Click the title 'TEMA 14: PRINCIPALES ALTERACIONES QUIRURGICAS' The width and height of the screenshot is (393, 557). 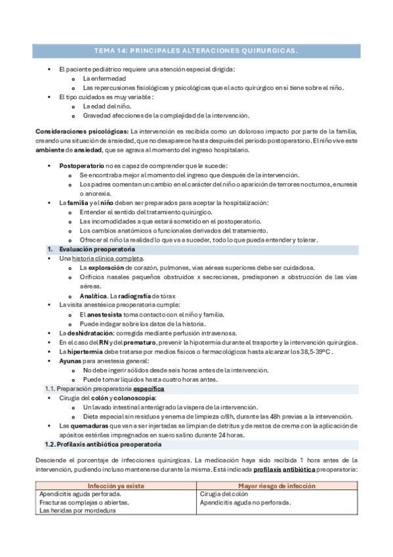point(196,50)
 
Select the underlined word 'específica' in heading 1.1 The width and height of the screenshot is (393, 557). point(148,389)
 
